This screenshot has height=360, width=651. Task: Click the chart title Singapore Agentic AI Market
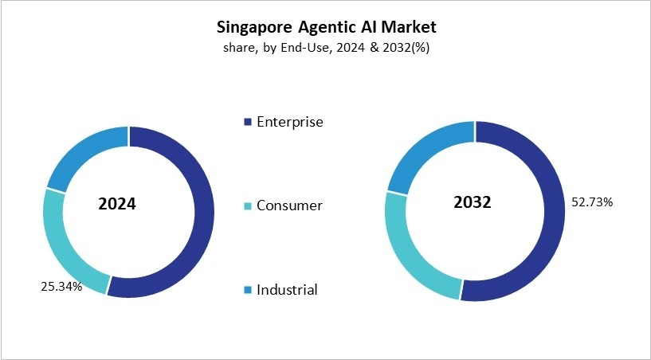pos(327,27)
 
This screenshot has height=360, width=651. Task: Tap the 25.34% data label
pos(61,286)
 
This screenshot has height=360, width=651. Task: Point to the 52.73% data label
pos(592,202)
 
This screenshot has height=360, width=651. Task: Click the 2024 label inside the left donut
pos(117,204)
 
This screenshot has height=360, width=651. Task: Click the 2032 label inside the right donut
pos(473,202)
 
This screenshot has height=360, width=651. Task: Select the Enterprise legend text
pos(289,122)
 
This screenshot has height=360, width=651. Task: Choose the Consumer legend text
pos(289,205)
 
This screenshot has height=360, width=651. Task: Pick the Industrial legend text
pos(287,289)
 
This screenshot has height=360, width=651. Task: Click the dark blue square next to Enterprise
pos(248,123)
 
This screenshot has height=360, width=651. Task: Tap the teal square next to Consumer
pos(248,206)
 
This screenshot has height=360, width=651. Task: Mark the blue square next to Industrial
pos(248,290)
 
